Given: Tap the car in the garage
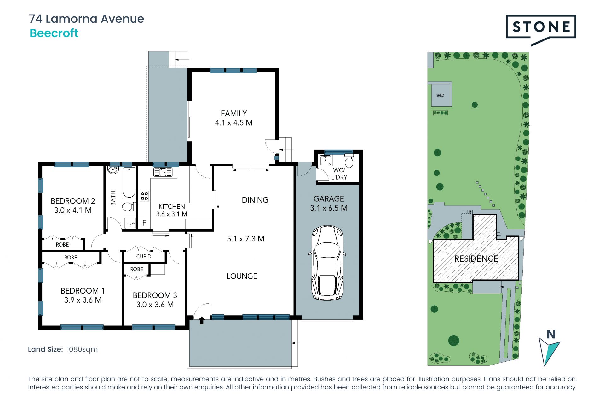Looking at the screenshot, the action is (327, 263).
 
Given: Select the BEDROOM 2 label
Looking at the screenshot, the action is (73, 201).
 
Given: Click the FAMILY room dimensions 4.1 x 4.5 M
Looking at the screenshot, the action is (233, 123).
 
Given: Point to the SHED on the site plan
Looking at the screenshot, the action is (440, 95).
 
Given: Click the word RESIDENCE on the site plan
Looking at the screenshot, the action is (476, 259).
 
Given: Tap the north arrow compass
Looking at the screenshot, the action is (550, 348).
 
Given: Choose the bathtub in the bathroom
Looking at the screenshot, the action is (129, 183).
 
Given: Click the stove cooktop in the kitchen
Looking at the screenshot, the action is (144, 196).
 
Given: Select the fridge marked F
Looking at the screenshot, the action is (144, 223).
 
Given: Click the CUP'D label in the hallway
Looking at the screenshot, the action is (144, 257).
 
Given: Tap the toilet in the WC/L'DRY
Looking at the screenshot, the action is (349, 161).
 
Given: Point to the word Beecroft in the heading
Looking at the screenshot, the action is (54, 33).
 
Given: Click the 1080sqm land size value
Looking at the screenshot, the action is (82, 349).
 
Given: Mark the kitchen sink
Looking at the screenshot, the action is (163, 172).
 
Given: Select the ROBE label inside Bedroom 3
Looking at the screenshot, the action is (136, 269).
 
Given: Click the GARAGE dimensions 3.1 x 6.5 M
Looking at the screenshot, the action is (329, 208).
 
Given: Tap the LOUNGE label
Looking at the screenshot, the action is (242, 276).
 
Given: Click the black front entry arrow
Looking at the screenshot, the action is (202, 320).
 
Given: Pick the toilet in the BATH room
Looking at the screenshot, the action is (128, 207).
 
